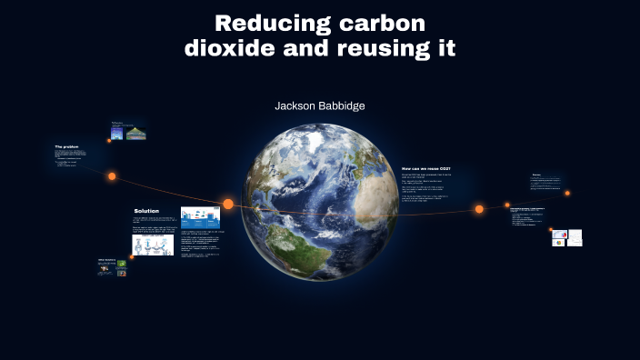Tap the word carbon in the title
[x=384, y=23]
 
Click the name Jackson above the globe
[x=297, y=105]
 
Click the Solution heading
[x=146, y=211]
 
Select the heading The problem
[x=66, y=146]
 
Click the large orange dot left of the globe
[x=228, y=204]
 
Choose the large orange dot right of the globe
[x=479, y=209]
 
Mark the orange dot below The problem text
[x=112, y=176]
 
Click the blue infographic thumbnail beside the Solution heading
[x=200, y=217]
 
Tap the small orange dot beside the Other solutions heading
[x=132, y=256]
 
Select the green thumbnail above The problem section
[x=136, y=134]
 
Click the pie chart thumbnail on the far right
[x=560, y=236]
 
